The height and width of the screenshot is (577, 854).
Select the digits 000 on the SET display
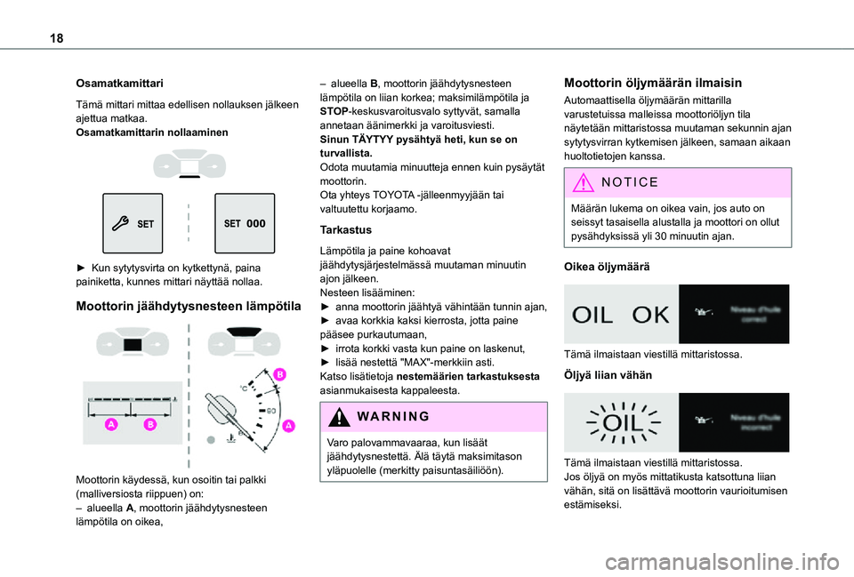coord(255,223)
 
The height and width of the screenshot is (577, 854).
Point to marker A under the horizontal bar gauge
coord(113,425)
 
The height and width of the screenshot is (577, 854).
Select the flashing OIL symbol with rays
coord(620,422)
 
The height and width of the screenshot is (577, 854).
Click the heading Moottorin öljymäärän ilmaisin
coord(653,83)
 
